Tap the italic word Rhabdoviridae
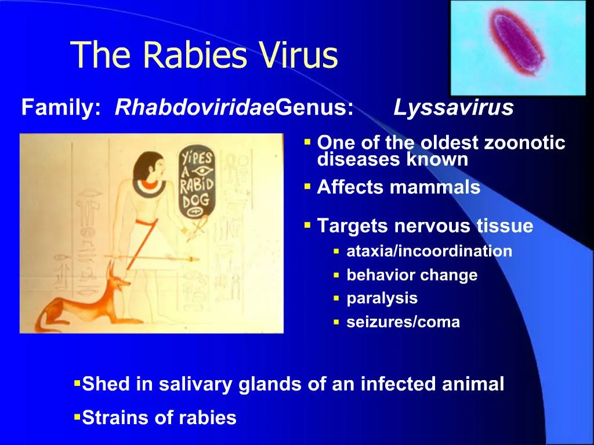[195, 108]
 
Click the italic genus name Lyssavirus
[454, 108]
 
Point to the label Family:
[61, 108]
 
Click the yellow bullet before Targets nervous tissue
[307, 224]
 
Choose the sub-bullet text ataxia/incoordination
[429, 251]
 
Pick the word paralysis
[382, 298]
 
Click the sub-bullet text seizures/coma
[403, 322]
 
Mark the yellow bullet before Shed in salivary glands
[77, 383]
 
